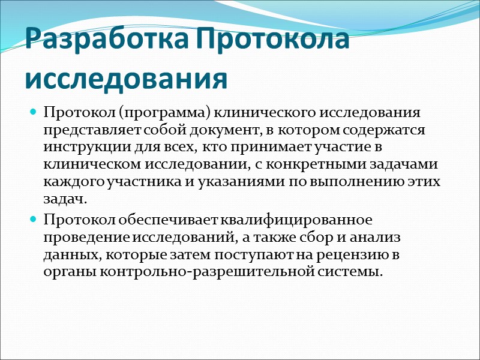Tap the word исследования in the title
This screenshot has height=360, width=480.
coord(127,79)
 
